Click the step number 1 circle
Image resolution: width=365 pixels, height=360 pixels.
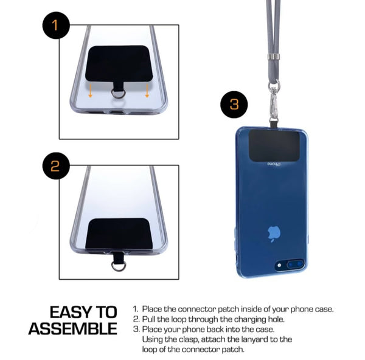tap(56, 25)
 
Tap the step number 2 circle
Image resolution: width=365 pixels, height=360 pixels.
tap(56, 165)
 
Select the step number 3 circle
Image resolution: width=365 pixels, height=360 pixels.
tap(234, 105)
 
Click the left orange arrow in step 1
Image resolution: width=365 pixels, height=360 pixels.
tap(90, 91)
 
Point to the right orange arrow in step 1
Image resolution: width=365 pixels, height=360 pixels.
tap(147, 91)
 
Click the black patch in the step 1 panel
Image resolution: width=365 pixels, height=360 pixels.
tap(119, 63)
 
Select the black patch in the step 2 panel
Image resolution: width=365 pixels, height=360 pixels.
tap(119, 234)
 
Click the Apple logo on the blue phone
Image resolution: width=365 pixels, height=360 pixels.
tap(274, 234)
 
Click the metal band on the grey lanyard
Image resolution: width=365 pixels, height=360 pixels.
tap(274, 57)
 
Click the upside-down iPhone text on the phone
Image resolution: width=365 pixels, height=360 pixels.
tap(274, 164)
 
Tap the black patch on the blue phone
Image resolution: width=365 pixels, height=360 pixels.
tap(274, 145)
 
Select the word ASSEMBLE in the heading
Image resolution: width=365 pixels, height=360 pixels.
tap(72, 328)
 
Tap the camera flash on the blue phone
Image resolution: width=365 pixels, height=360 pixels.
tap(279, 265)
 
